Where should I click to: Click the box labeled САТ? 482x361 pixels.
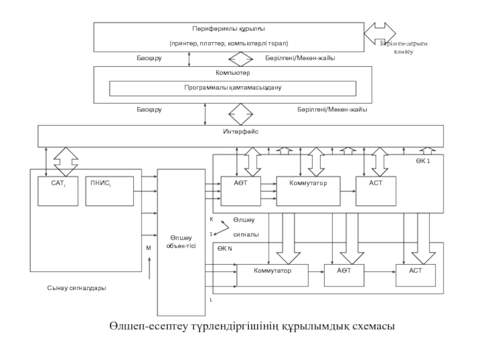coord(58,191)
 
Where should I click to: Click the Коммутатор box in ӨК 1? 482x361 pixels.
coord(307,191)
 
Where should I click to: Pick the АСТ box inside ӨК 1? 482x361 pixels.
coord(377,191)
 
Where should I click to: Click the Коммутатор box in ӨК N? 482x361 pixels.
coord(272,275)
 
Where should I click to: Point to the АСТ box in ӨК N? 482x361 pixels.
coord(416,275)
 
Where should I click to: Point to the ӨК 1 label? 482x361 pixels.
coord(422,161)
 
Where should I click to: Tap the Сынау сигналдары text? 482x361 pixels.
coord(77,288)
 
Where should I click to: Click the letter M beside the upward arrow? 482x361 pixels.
coord(148,247)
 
